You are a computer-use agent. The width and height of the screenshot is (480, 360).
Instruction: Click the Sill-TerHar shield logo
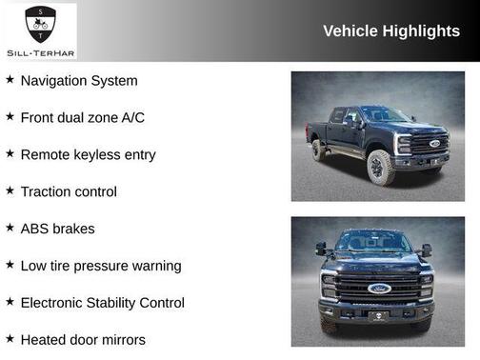[x=40, y=22]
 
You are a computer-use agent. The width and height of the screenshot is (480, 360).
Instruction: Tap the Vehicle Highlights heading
[x=391, y=31]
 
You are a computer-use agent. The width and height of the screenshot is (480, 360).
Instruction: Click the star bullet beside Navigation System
[x=10, y=80]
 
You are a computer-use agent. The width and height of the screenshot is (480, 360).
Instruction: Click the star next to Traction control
[x=10, y=190]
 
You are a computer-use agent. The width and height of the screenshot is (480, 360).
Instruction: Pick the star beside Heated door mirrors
[x=10, y=338]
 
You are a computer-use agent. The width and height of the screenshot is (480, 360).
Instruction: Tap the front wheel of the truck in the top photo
[x=379, y=169]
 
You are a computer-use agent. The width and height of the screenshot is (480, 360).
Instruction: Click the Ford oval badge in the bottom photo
[x=378, y=289]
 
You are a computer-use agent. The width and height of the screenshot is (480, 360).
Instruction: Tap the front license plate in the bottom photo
[x=378, y=316]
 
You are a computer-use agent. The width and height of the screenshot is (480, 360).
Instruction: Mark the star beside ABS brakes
[x=10, y=228]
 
